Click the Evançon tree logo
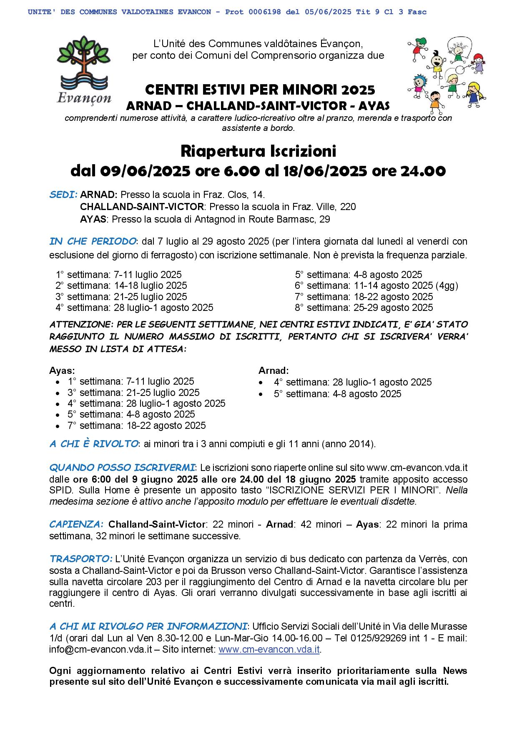[x=84, y=68]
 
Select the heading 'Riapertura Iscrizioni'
[x=258, y=151]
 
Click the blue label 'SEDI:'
[x=63, y=195]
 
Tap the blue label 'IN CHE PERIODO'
[x=93, y=241]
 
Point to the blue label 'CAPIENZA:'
[x=76, y=524]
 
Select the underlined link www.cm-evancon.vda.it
[x=269, y=649]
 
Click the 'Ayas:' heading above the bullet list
[x=62, y=371]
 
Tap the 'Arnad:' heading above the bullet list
[x=274, y=371]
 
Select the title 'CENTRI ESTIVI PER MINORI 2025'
[x=260, y=90]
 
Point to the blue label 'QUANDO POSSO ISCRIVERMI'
[x=122, y=467]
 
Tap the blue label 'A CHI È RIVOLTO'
[x=93, y=444]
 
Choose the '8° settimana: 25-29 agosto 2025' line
[x=364, y=308]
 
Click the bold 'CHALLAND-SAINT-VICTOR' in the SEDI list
[x=142, y=207]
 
